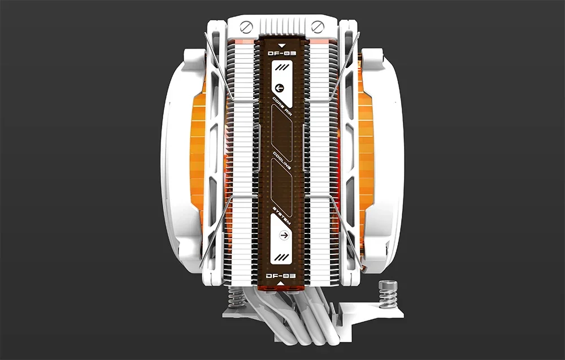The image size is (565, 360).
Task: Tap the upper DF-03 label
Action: click(x=282, y=53)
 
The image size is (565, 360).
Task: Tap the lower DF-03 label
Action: click(x=282, y=275)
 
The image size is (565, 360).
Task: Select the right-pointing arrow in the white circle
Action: click(x=284, y=235)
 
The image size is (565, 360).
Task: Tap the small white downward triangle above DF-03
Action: click(x=282, y=43)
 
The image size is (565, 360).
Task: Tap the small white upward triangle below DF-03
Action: click(x=282, y=284)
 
